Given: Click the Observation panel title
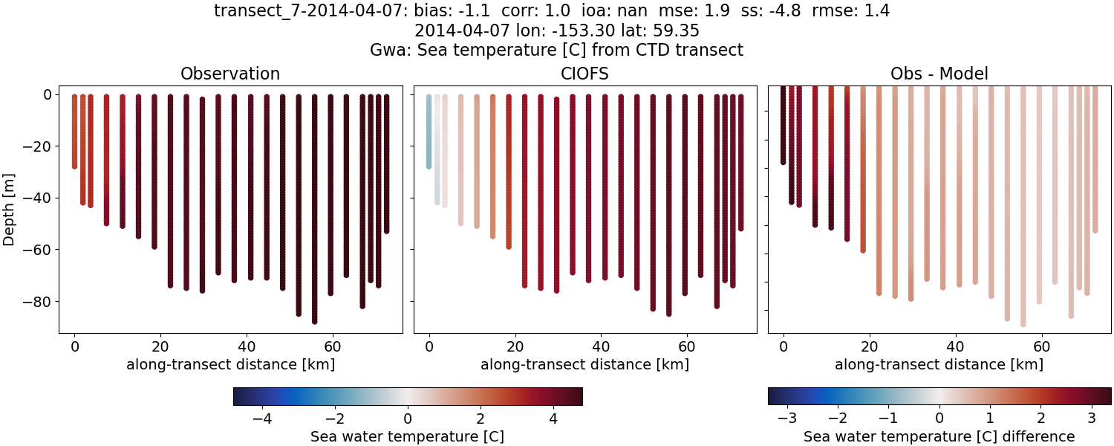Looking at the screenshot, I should click(230, 74).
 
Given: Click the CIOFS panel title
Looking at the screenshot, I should click(584, 74).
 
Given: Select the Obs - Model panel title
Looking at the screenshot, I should click(939, 74).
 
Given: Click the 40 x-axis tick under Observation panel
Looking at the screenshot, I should click(246, 346).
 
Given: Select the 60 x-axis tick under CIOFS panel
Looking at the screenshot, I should click(686, 346).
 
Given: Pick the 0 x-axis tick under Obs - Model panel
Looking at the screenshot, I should click(784, 346).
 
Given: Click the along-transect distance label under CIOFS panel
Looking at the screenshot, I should click(584, 364).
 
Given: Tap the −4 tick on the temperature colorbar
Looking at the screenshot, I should click(261, 418).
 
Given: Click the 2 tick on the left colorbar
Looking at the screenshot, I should click(481, 418).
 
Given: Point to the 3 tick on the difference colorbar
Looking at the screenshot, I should click(1092, 418).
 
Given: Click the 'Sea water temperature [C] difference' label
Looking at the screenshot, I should click(939, 436).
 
